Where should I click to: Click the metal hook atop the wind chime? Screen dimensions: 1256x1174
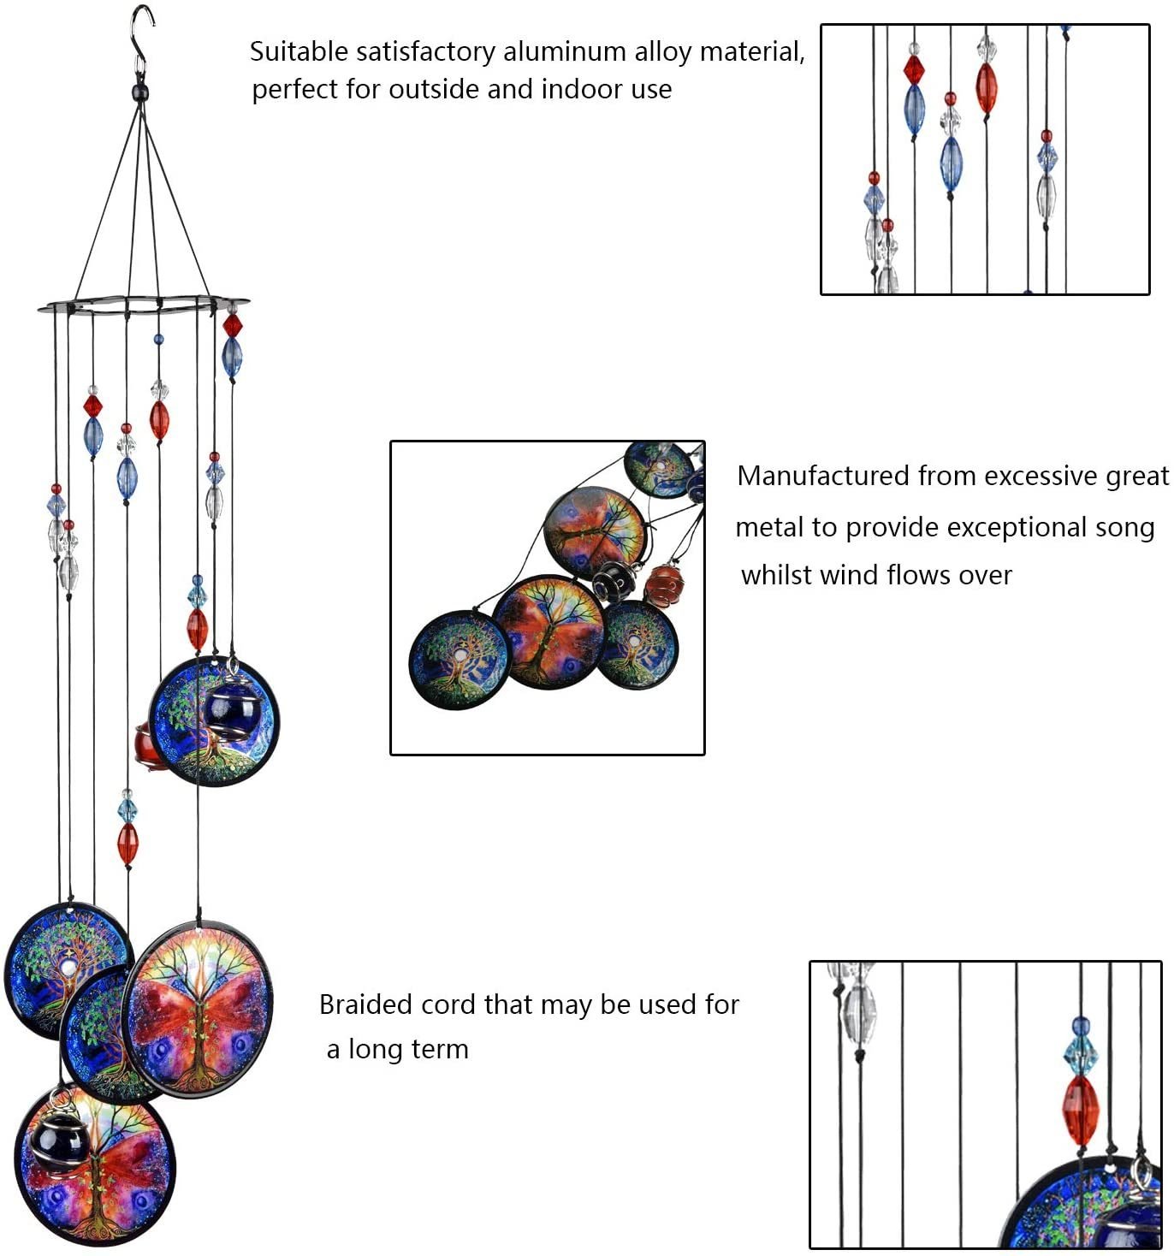pyautogui.click(x=141, y=34)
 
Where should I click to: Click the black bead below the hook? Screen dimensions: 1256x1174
pyautogui.click(x=139, y=89)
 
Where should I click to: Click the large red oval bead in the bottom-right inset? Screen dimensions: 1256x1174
pyautogui.click(x=1081, y=1110)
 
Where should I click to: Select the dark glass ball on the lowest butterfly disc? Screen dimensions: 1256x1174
pyautogui.click(x=58, y=1139)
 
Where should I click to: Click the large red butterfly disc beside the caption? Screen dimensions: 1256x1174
pyautogui.click(x=200, y=1010)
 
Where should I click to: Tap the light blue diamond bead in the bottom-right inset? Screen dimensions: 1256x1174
pyautogui.click(x=1080, y=1055)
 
